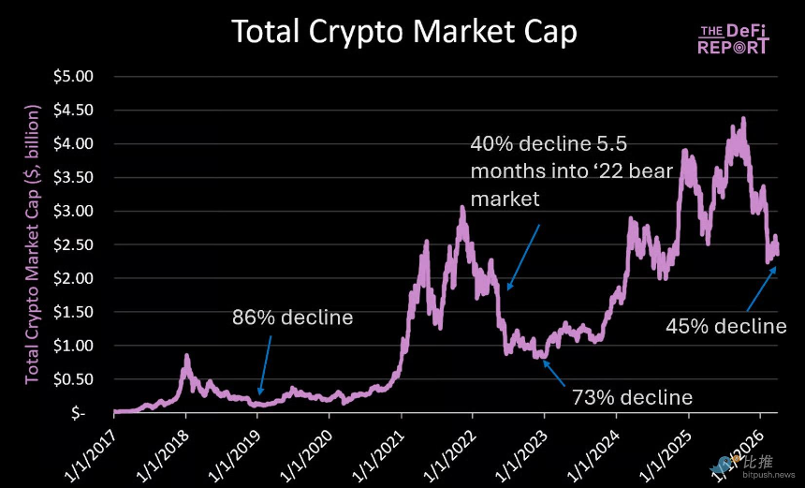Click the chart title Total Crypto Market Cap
point(403,32)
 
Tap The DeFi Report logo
point(735,39)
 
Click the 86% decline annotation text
point(292,318)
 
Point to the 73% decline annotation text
point(632,397)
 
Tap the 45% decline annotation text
point(725,326)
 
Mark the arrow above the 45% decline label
point(760,288)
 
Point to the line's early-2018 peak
point(186,357)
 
